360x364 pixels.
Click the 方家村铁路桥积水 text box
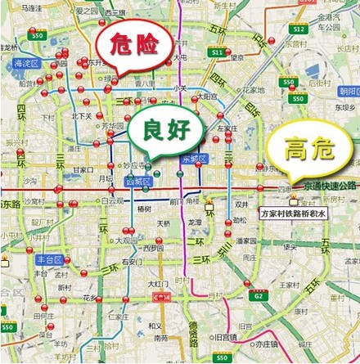pos(293,213)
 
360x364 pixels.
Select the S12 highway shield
pos(299,30)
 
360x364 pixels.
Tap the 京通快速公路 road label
pos(326,186)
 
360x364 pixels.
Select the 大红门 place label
pos(156,284)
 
